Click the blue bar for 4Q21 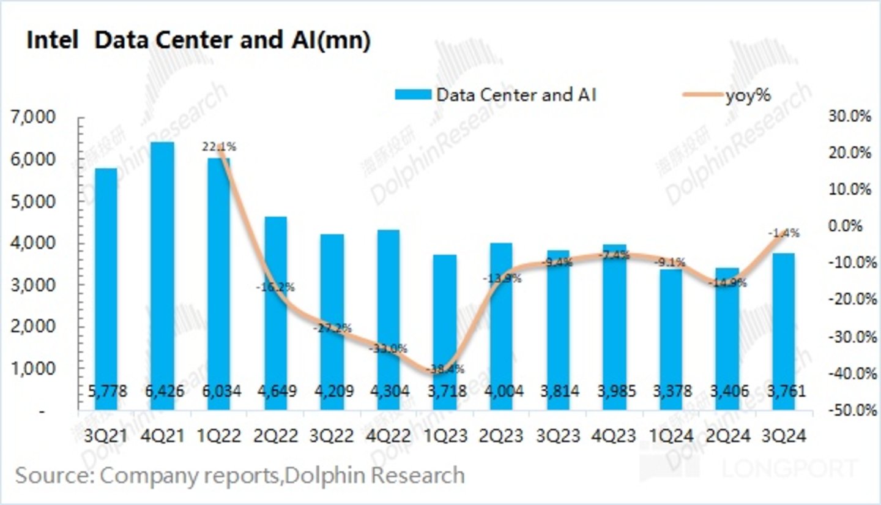click(163, 275)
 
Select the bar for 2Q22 click(275, 312)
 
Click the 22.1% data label click(219, 147)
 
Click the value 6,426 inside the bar click(163, 391)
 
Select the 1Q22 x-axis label click(219, 436)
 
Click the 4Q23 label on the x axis click(613, 436)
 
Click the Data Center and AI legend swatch click(413, 95)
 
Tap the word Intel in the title click(52, 40)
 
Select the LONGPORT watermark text click(789, 468)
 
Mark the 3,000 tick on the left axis click(34, 285)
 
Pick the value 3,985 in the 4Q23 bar click(613, 391)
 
